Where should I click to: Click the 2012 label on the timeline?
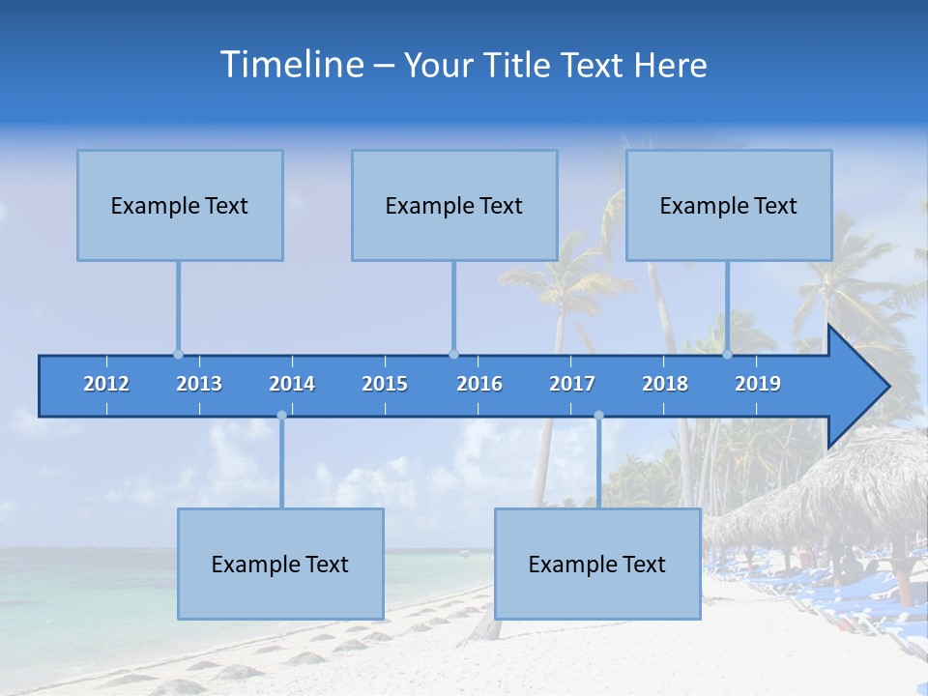106,384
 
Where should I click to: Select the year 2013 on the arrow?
199,384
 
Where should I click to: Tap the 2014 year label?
292,384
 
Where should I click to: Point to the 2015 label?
385,384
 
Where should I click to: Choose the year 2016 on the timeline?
479,384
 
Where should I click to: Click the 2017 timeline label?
572,384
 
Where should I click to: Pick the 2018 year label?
665,384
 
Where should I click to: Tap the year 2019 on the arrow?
758,384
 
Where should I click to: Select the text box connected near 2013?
180,205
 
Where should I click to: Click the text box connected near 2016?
454,205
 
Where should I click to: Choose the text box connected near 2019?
729,205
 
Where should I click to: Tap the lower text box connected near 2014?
280,564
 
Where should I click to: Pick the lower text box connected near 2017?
597,564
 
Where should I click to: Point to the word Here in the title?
671,66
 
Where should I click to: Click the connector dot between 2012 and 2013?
178,354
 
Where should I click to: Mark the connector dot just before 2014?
281,416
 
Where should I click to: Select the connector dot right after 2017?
598,416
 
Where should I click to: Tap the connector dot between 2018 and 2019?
728,354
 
